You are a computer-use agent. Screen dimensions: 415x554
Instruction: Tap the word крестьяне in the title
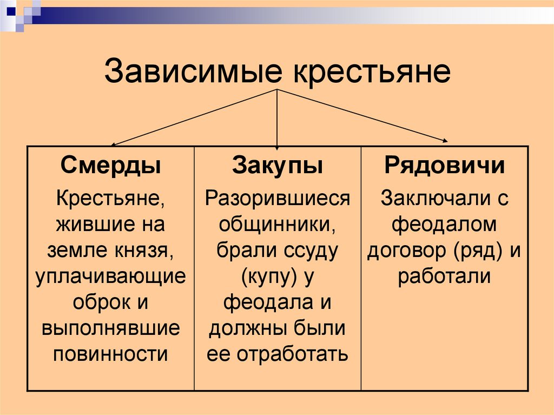click(372, 71)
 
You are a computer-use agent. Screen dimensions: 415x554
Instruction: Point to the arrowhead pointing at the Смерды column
click(113, 144)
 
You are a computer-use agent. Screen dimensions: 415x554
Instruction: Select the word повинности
click(111, 354)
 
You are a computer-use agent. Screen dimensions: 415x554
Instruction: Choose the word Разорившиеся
click(278, 199)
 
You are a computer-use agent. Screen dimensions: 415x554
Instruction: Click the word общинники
click(278, 225)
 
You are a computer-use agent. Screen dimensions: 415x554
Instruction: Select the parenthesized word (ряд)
click(476, 251)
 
